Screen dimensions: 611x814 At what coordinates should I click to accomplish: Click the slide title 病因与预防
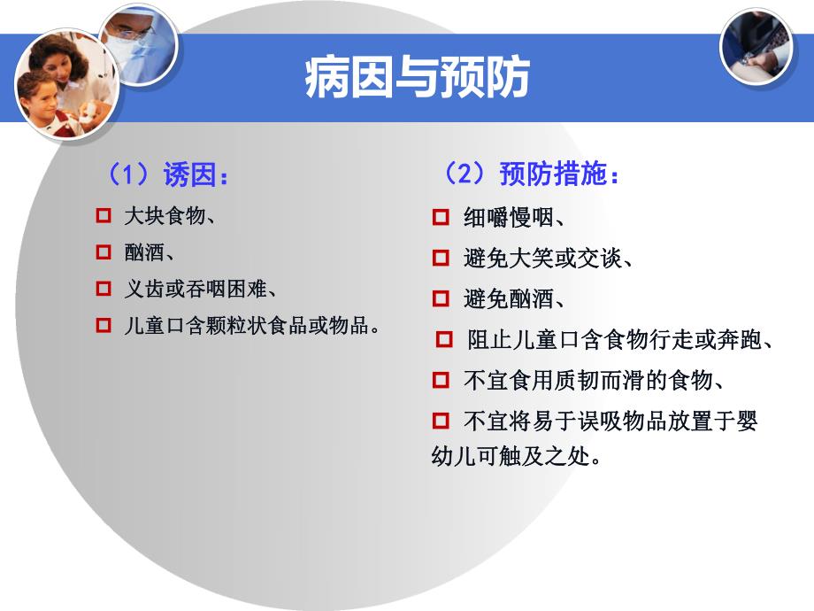[417, 78]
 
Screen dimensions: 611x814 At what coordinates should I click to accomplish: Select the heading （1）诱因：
[167, 174]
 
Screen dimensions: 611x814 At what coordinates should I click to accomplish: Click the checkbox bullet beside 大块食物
[103, 215]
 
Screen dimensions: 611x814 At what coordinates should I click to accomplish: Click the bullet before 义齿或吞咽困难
[103, 289]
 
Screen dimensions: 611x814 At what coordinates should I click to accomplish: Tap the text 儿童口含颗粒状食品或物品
[252, 325]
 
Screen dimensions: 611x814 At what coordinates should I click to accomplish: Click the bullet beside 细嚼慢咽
[441, 217]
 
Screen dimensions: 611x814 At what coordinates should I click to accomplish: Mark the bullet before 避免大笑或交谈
[441, 258]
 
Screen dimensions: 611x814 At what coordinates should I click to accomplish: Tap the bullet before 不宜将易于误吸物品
[441, 420]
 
